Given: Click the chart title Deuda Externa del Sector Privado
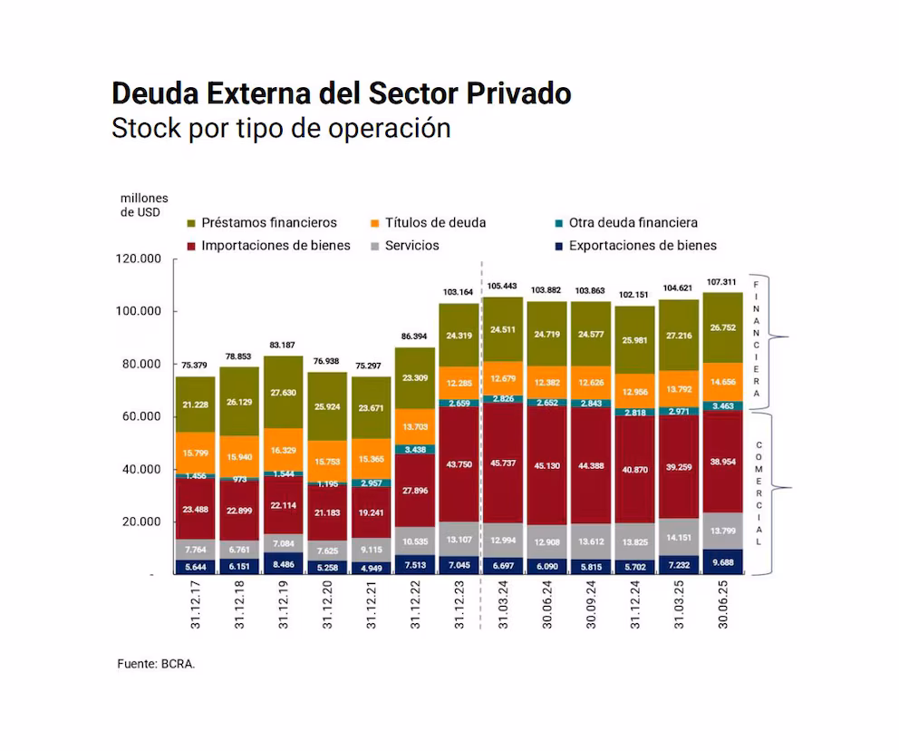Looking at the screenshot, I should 341,93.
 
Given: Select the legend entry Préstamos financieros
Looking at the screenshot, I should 269,222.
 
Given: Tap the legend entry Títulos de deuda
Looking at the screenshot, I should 434,222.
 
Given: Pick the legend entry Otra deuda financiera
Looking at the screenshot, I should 633,222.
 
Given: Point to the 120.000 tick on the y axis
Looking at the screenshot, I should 139,258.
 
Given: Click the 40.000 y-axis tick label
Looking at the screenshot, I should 139,469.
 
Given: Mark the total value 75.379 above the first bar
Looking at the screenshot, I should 197,366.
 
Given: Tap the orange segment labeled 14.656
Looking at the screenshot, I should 722,382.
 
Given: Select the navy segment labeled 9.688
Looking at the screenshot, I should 722,562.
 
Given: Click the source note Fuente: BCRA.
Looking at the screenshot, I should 156,663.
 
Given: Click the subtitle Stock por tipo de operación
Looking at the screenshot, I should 281,128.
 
